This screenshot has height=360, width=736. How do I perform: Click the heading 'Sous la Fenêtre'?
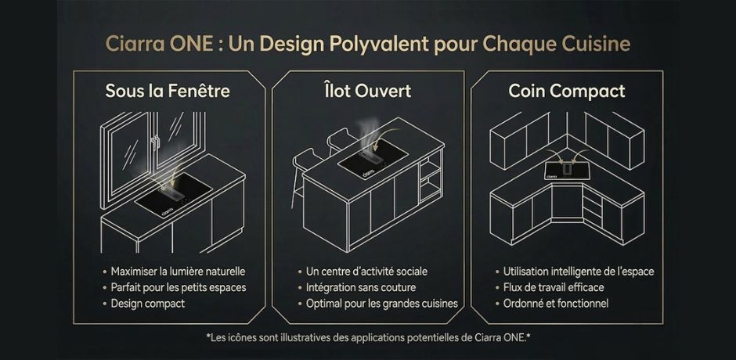click(168, 91)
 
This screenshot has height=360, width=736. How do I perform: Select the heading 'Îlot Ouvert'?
click(367, 91)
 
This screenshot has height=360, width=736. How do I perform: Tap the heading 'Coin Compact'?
click(567, 91)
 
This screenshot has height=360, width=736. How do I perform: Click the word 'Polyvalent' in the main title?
click(379, 44)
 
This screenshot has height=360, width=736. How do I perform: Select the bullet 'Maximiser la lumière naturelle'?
click(178, 272)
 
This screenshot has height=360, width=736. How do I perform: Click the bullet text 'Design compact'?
click(148, 303)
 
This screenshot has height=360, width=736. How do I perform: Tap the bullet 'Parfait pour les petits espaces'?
click(179, 287)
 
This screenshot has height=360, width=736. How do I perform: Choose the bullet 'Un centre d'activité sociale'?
click(366, 272)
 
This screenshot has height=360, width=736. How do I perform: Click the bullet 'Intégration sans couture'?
click(361, 287)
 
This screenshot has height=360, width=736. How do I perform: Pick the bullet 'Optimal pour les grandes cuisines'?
click(381, 304)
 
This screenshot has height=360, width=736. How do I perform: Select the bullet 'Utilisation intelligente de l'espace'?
click(579, 272)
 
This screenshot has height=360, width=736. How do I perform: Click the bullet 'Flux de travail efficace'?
click(554, 287)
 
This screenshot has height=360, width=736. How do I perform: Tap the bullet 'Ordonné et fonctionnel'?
click(556, 303)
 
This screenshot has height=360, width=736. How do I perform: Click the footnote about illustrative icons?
click(369, 337)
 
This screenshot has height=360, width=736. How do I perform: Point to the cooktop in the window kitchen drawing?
click(173, 195)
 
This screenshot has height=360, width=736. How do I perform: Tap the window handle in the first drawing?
click(156, 142)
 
